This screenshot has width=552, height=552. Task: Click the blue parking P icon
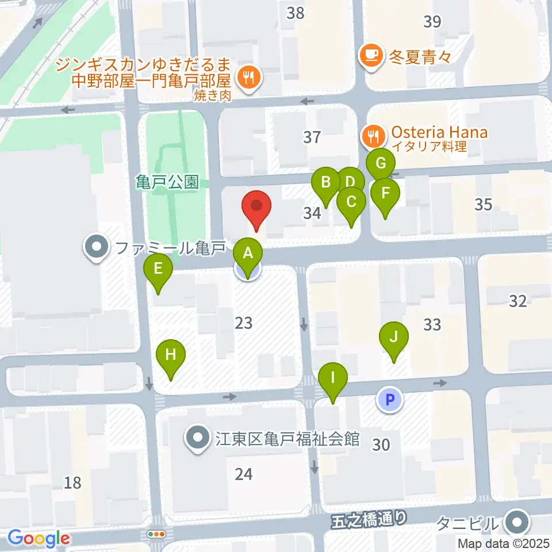pos(390,399)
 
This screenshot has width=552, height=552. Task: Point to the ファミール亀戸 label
pos(169,249)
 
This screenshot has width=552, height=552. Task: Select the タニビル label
pos(466,524)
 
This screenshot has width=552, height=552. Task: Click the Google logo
pos(39,538)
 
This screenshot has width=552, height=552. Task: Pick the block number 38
pos(296,13)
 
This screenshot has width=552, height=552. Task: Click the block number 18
pos(72,482)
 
